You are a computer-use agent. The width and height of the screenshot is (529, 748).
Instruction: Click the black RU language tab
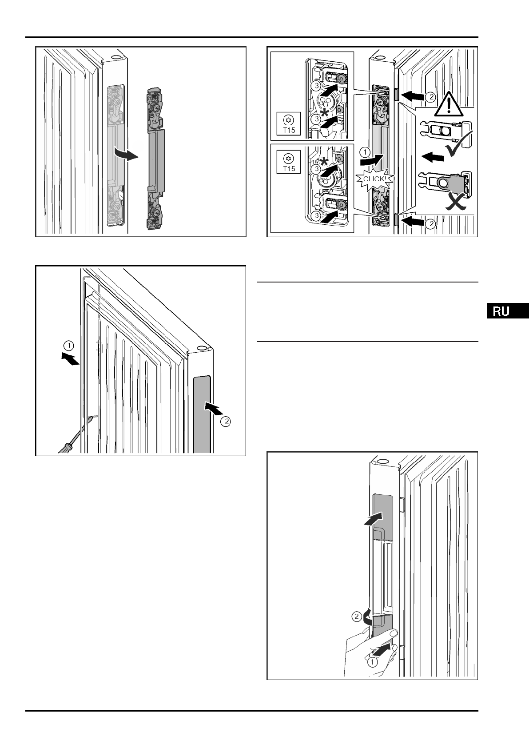pyautogui.click(x=506, y=311)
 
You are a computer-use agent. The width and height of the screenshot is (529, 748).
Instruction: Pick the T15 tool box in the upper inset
pyautogui.click(x=288, y=124)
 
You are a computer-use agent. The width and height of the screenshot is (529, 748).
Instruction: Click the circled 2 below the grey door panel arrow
pyautogui.click(x=226, y=422)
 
